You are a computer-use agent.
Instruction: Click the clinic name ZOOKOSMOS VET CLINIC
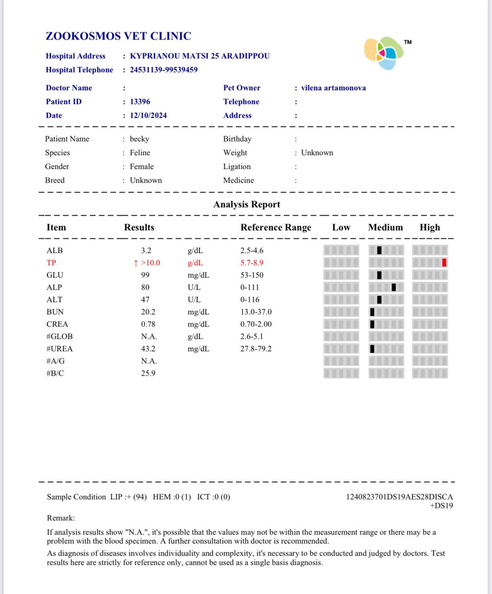pos(118,36)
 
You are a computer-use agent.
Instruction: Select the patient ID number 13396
pos(140,102)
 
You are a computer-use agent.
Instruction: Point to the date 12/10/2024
pos(148,116)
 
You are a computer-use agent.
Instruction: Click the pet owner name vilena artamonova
pos(333,88)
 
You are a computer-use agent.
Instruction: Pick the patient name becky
pos(140,139)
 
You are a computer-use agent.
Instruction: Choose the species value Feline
pos(140,153)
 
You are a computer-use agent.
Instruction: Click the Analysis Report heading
pos(247,204)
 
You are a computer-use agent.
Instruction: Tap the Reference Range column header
pos(276,227)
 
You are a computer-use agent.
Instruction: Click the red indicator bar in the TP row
pos(444,263)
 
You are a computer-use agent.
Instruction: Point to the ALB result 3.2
pos(146,251)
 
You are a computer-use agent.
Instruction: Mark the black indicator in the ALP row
pos(394,287)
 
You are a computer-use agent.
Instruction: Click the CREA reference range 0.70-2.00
pos(256,324)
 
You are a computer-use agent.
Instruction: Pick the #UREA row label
pos(60,349)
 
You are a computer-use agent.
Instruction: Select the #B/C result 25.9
pos(148,374)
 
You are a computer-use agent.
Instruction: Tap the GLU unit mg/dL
pos(198,275)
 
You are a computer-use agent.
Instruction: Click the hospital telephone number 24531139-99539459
pos(164,70)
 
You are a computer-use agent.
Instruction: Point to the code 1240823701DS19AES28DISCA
pos(399,497)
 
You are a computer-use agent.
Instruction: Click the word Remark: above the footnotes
pos(61,518)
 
